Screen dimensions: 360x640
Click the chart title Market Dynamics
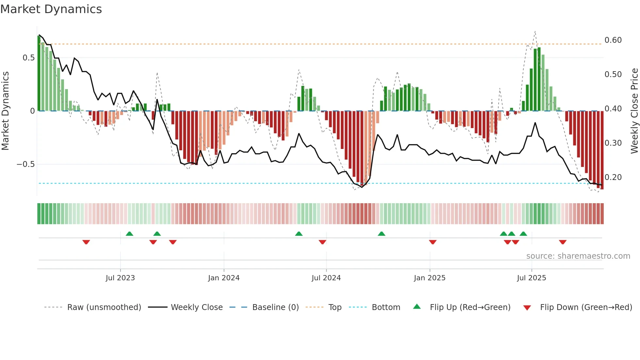point(51,9)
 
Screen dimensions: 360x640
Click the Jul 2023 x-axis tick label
point(120,278)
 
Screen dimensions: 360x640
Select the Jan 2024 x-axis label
point(224,278)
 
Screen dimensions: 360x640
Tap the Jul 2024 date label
point(326,278)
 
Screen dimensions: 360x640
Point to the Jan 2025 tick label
point(429,278)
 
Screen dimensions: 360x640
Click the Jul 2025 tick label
point(531,278)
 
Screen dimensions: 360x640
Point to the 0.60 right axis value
point(613,40)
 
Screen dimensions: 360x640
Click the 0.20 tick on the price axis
point(613,177)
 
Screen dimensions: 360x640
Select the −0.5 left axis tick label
point(25,164)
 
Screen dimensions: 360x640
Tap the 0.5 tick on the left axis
point(28,58)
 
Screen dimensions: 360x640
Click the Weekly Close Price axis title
point(634,111)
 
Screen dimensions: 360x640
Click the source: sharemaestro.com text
point(578,256)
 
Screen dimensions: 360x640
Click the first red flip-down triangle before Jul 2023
point(86,242)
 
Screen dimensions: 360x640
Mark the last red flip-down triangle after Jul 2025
point(563,242)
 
